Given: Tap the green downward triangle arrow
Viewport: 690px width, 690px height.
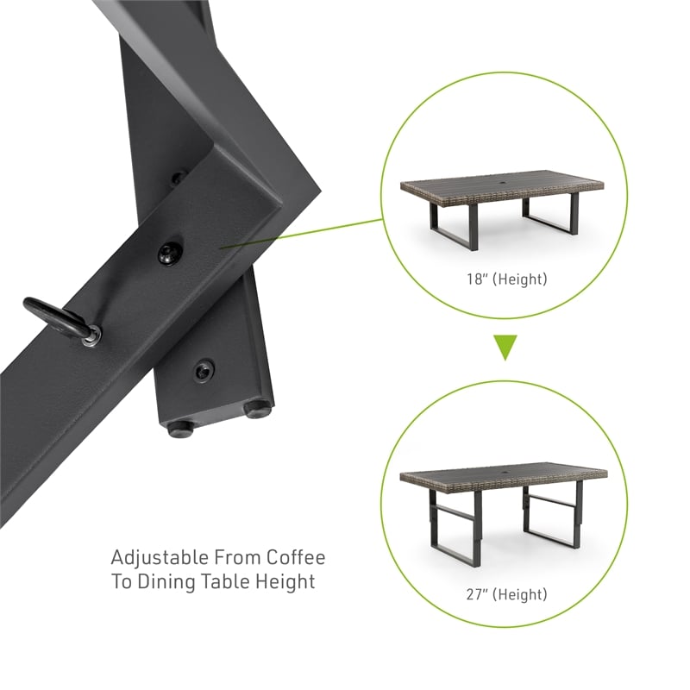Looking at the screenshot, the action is (x=505, y=347).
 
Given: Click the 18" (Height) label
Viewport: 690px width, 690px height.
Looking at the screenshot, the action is (x=507, y=279).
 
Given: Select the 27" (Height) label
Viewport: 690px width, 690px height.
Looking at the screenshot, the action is (x=507, y=594).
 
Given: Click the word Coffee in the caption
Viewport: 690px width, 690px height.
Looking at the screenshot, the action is (x=296, y=557).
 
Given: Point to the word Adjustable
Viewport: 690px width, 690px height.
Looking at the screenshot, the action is (x=160, y=558).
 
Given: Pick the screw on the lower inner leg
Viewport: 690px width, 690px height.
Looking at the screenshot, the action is (x=204, y=370).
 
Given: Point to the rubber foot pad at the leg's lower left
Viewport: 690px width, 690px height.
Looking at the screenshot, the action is (x=180, y=429).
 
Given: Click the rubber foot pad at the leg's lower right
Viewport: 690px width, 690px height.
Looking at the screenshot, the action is (x=258, y=410).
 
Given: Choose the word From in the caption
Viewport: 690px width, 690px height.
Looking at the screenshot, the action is (x=238, y=557).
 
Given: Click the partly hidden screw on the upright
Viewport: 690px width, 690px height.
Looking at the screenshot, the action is (x=179, y=178).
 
